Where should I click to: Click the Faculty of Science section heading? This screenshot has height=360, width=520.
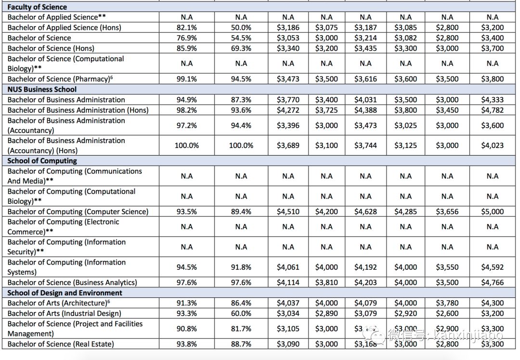pyautogui.click(x=37, y=7)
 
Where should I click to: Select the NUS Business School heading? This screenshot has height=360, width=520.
pyautogui.click(x=42, y=89)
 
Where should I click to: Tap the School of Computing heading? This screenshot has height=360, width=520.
pyautogui.click(x=42, y=160)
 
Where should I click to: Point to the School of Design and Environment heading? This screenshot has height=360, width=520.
pyautogui.click(x=65, y=293)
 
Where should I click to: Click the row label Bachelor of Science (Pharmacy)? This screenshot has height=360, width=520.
pyautogui.click(x=60, y=79)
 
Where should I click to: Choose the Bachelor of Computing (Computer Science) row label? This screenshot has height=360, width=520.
pyautogui.click(x=78, y=212)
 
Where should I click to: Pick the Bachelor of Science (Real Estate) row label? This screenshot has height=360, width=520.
pyautogui.click(x=61, y=344)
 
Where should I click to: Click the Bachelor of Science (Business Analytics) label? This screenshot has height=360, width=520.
pyautogui.click(x=72, y=282)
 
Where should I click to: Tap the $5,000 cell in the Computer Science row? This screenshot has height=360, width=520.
pyautogui.click(x=492, y=212)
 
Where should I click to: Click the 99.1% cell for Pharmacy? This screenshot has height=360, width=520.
pyautogui.click(x=186, y=79)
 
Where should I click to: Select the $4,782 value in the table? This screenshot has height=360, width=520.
pyautogui.click(x=492, y=110)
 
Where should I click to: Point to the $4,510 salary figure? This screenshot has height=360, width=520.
pyautogui.click(x=288, y=212)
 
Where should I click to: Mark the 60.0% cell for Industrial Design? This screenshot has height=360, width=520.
pyautogui.click(x=241, y=313)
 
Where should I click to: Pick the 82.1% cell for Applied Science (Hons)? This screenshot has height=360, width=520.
pyautogui.click(x=186, y=27)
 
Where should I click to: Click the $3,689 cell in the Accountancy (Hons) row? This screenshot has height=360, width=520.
pyautogui.click(x=288, y=146)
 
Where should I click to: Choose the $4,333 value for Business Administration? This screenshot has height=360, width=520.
pyautogui.click(x=492, y=100)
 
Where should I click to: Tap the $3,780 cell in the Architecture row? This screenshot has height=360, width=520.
pyautogui.click(x=447, y=303)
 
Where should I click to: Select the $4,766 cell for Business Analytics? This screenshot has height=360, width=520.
pyautogui.click(x=492, y=282)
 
